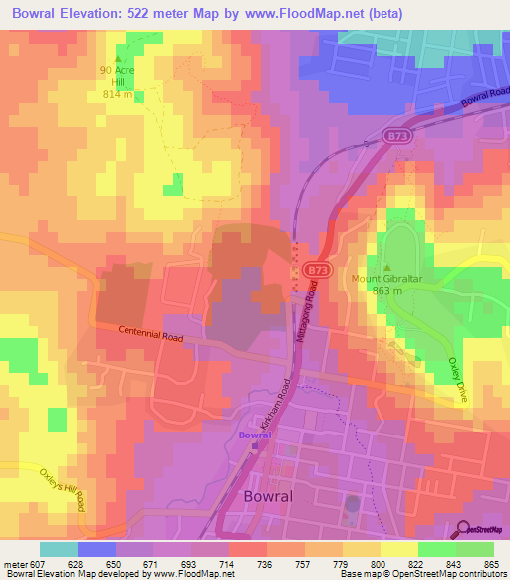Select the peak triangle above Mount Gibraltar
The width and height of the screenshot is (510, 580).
tap(388, 267)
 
